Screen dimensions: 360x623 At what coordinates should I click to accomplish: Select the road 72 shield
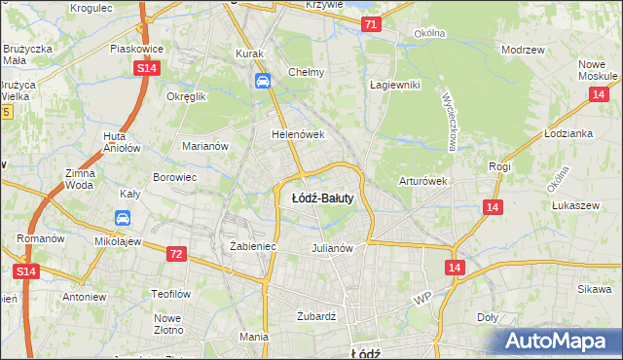(175, 254)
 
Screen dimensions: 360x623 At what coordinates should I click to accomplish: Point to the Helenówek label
(297, 134)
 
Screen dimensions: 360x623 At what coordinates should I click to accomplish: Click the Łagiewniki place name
(394, 85)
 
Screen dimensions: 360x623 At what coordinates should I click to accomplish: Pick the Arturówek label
(422, 181)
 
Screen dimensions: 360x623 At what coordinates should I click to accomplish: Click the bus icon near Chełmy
(262, 82)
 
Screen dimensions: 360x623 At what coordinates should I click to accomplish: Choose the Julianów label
(331, 247)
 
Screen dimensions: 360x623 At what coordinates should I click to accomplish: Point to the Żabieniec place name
(253, 247)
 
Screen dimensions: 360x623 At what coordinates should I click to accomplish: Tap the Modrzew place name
(522, 49)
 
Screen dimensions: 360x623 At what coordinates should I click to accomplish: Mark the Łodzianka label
(569, 133)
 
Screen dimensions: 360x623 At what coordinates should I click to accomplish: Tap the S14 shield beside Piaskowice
(146, 67)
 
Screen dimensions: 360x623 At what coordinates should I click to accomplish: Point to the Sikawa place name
(594, 289)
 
